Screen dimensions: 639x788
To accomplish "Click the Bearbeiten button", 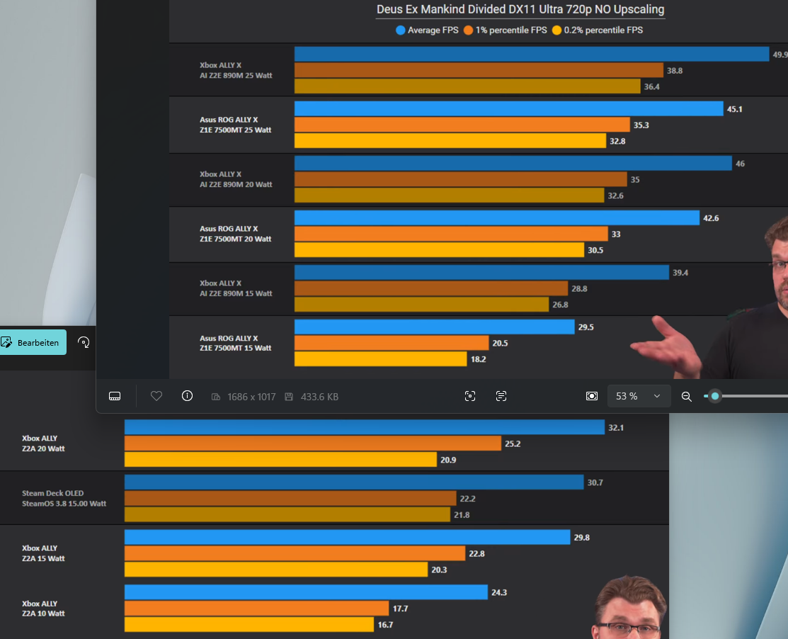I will (33, 342).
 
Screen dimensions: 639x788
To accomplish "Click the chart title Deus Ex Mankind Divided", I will (520, 10).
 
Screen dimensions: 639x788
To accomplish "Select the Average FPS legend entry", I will (427, 30).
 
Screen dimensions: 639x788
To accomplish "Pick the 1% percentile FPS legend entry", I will (505, 30).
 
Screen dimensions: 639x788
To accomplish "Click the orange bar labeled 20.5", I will (392, 343).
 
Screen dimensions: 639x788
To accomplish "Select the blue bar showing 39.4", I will (481, 273).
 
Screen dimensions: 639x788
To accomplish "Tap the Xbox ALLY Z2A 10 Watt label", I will (43, 608).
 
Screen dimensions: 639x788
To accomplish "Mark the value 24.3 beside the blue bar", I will (499, 592).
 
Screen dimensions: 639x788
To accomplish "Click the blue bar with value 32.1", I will (364, 428).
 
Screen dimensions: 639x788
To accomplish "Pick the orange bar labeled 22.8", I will (295, 553).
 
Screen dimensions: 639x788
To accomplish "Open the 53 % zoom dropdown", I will (638, 396).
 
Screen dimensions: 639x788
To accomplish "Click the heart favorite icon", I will (156, 396).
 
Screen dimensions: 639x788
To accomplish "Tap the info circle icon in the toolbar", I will (187, 396).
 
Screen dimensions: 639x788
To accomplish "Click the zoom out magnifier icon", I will (686, 397).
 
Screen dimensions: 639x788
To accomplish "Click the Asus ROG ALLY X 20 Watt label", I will (235, 234).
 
